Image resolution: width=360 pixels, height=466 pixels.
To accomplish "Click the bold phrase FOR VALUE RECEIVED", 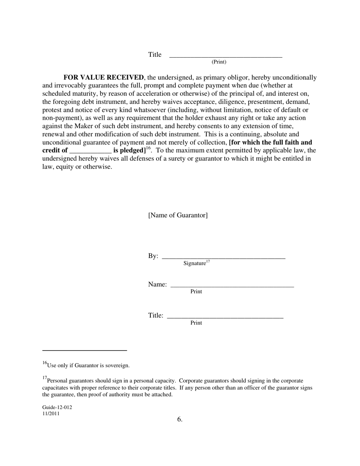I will point(103,78).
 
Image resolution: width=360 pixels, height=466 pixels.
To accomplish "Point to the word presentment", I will point(267,102).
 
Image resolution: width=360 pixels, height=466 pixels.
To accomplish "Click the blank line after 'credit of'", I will point(91,150).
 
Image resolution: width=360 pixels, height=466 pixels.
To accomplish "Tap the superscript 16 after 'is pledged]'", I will point(148,149).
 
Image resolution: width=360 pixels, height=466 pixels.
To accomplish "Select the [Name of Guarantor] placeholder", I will point(178,215).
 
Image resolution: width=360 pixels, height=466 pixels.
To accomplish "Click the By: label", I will point(153,256).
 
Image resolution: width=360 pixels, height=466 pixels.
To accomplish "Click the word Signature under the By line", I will point(194,263).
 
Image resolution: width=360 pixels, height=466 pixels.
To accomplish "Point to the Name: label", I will point(157,285).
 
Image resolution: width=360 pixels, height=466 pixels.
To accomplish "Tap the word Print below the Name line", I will point(196,292).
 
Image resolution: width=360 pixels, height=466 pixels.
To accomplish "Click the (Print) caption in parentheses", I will point(219,62).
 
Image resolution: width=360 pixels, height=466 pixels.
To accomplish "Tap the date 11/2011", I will point(51,414).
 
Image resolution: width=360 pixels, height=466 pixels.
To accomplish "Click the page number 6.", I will point(180,419).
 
